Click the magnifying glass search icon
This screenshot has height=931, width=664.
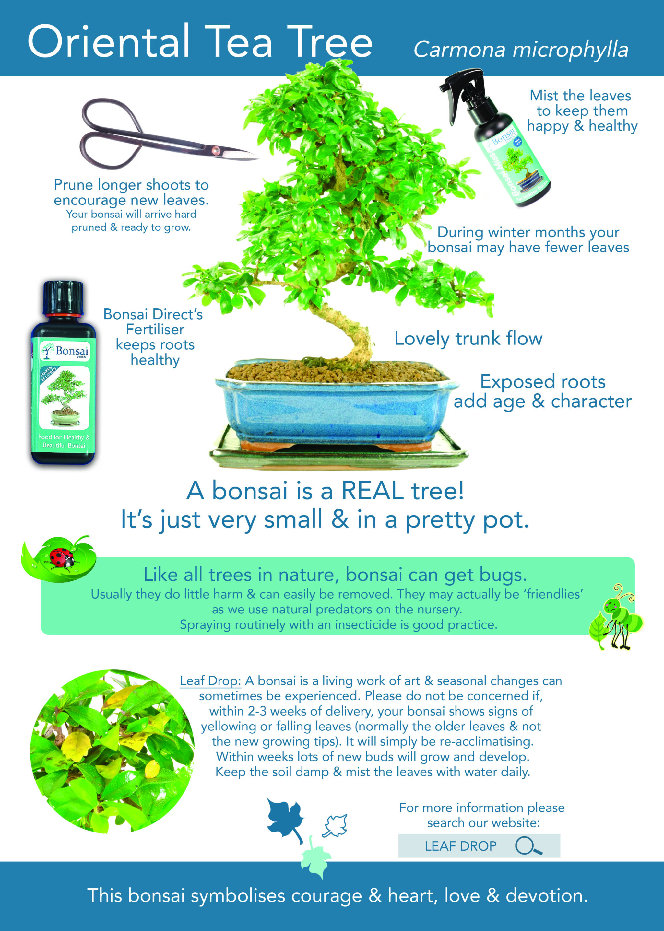[528, 845]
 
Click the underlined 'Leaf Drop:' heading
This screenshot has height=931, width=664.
[210, 681]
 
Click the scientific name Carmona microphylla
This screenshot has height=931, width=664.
[520, 50]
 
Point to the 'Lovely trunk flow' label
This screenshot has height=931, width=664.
[468, 338]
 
